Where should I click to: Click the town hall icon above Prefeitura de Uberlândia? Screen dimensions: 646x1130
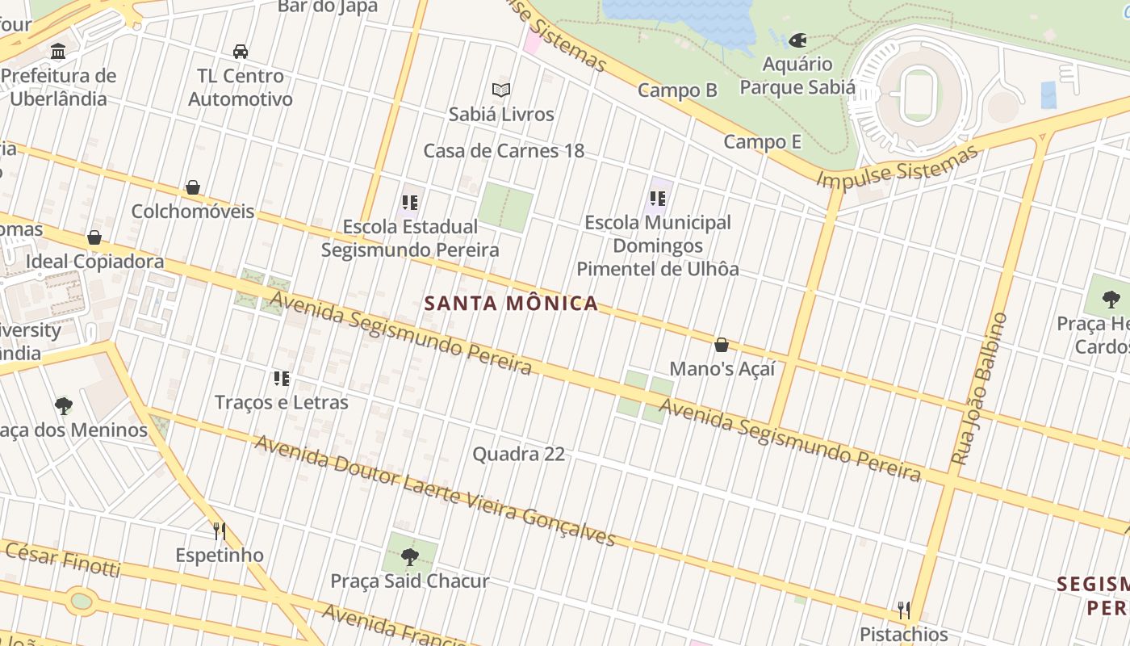(x=58, y=52)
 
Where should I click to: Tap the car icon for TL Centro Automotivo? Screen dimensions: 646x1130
(x=241, y=52)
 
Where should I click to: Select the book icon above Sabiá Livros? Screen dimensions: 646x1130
(x=501, y=90)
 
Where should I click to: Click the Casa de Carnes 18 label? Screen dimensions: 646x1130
(x=504, y=151)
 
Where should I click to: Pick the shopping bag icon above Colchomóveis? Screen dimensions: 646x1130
(x=193, y=188)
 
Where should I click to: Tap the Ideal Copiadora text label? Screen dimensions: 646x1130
(x=94, y=262)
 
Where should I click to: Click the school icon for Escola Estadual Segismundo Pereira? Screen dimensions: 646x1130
(x=410, y=203)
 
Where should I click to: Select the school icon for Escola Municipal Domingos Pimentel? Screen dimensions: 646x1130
(x=658, y=198)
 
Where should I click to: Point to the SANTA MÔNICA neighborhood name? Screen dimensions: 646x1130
(x=511, y=304)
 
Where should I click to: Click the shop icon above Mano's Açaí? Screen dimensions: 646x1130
(x=722, y=346)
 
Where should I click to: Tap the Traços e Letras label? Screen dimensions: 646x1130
(x=282, y=402)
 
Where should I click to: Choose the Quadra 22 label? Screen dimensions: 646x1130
(x=518, y=454)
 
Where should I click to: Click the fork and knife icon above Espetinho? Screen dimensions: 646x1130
(x=219, y=531)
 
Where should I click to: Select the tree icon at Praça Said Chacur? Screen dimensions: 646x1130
(x=410, y=556)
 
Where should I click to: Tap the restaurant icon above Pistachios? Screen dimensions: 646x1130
(x=904, y=610)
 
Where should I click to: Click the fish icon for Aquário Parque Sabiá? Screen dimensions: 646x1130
(x=797, y=40)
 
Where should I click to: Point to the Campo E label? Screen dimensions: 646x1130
(x=762, y=142)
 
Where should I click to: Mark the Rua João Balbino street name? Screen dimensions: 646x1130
(x=979, y=389)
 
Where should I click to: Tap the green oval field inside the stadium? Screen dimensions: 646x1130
(x=918, y=94)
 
